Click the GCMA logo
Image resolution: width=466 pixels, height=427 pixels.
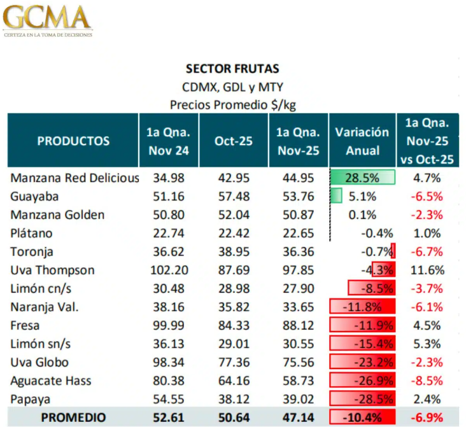pyautogui.click(x=48, y=20)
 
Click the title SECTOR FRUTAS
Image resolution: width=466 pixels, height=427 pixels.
pyautogui.click(x=232, y=68)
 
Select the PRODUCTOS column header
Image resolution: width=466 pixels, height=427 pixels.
pyautogui.click(x=73, y=141)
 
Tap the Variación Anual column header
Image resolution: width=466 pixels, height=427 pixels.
pyautogui.click(x=362, y=141)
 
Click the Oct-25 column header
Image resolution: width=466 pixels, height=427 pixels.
pyautogui.click(x=233, y=141)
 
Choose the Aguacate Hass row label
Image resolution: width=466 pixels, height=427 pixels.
pyautogui.click(x=51, y=381)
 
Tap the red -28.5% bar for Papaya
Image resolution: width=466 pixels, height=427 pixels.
pyautogui.click(x=362, y=399)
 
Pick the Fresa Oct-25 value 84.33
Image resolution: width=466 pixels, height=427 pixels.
pyautogui.click(x=233, y=325)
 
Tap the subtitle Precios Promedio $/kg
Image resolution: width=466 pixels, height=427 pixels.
pyautogui.click(x=232, y=104)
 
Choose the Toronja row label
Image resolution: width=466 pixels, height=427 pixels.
pyautogui.click(x=32, y=251)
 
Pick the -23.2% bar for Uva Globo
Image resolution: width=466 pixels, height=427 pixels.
pyautogui.click(x=362, y=362)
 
